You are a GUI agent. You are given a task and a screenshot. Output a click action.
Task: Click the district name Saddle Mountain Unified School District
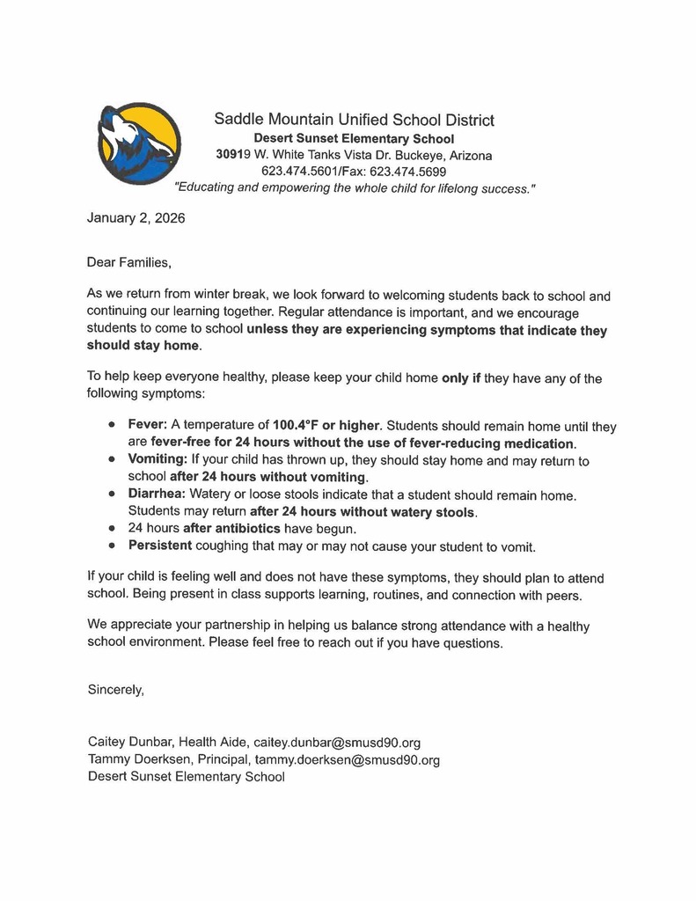pyautogui.click(x=354, y=120)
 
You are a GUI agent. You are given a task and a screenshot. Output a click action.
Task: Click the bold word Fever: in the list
pyautogui.click(x=147, y=425)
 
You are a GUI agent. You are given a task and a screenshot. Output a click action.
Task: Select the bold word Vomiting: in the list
pyautogui.click(x=158, y=459)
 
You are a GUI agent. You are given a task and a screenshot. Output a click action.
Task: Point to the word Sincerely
pyautogui.click(x=116, y=690)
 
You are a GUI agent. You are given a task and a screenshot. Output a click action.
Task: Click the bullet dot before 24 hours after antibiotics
pyautogui.click(x=112, y=529)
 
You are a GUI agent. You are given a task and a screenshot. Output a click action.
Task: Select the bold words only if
pyautogui.click(x=462, y=378)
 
